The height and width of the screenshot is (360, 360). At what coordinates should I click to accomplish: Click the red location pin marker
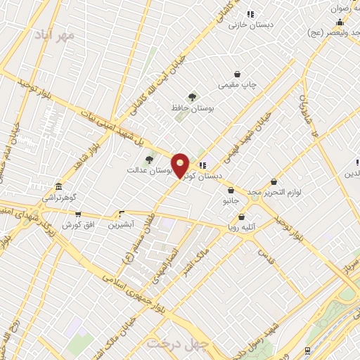180,165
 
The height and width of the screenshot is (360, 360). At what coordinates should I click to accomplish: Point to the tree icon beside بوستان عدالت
148,160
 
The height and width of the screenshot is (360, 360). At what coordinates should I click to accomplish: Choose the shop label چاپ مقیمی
238,84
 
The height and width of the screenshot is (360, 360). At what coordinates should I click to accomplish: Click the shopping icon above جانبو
231,190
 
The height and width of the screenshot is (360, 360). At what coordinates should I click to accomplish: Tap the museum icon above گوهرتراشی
58,188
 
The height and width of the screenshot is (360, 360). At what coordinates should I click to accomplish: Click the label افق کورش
77,224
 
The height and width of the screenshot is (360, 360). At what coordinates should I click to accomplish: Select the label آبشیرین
122,224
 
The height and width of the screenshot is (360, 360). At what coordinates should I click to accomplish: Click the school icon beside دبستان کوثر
202,165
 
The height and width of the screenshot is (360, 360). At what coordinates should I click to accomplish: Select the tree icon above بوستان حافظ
192,97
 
